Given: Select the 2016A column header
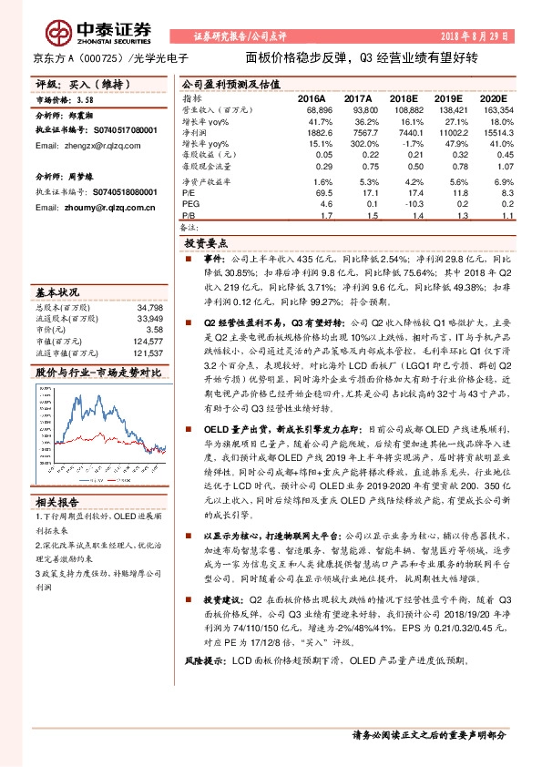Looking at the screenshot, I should click(312, 97).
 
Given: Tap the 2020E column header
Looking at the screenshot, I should click(493, 97).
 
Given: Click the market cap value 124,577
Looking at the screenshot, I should click(148, 342).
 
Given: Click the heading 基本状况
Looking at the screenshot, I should click(58, 293).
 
